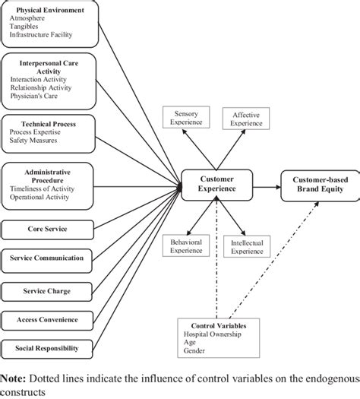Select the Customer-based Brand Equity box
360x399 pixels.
click(x=317, y=185)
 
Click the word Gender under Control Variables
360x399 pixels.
click(x=195, y=351)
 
